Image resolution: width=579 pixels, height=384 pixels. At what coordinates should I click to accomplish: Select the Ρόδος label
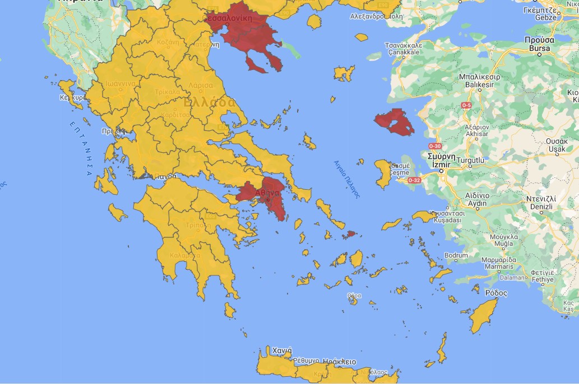click(495, 293)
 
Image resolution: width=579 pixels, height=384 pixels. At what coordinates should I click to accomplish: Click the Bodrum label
click(455, 255)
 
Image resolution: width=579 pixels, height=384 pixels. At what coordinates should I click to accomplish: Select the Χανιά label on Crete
click(281, 350)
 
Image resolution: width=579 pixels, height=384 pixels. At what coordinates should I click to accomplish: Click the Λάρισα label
click(201, 85)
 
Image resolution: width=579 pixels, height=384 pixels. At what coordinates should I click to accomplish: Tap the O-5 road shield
click(466, 105)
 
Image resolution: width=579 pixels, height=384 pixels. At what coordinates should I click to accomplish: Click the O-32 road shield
click(414, 180)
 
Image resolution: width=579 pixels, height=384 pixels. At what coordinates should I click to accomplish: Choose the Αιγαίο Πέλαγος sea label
click(346, 180)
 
